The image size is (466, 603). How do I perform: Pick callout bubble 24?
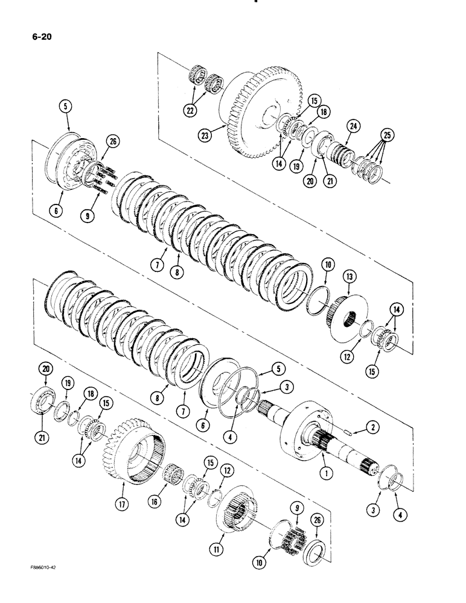point(353,125)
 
